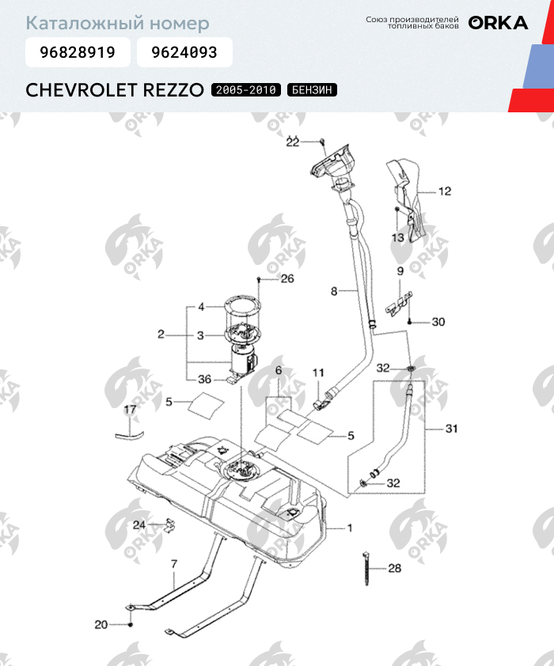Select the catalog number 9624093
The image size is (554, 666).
[x=184, y=53]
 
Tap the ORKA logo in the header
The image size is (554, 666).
[x=498, y=23]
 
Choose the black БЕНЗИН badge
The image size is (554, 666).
[x=312, y=89]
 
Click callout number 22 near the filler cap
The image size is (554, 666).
[x=293, y=142]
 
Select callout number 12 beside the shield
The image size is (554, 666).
[x=444, y=191]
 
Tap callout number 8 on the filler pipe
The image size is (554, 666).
[x=334, y=292]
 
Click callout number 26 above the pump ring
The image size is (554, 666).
[x=286, y=278]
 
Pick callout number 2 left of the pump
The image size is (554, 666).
[x=161, y=335]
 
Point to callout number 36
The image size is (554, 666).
[x=205, y=380]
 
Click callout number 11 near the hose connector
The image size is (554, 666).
[x=317, y=372]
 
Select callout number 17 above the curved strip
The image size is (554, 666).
[x=130, y=410]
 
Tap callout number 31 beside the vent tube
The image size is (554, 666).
[x=451, y=429]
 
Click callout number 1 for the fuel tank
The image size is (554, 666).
[x=351, y=527]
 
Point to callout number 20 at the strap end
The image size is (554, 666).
[x=101, y=625]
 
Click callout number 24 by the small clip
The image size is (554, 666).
[x=139, y=524]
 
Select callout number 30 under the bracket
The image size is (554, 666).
[x=438, y=322]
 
